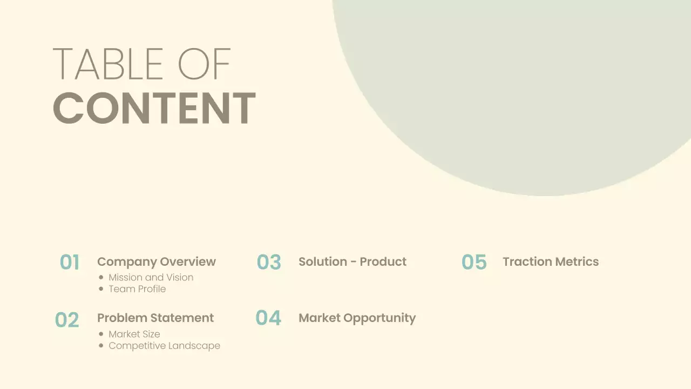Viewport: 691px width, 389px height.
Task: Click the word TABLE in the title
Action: click(108, 64)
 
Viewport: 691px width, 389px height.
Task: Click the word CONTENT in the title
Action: click(154, 108)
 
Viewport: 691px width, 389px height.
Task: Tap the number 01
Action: click(70, 262)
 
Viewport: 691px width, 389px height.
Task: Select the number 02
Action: click(67, 320)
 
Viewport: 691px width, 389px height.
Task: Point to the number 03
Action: click(269, 262)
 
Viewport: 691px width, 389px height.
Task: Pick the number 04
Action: click(268, 318)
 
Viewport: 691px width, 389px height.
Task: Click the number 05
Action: click(474, 262)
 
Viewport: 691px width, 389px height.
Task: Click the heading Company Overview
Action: click(157, 261)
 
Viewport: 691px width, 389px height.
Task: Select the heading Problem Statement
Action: click(155, 318)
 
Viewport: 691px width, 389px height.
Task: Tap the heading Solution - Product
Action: click(353, 261)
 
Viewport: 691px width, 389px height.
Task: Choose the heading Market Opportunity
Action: click(357, 318)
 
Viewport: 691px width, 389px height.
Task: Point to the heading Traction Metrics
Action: click(551, 261)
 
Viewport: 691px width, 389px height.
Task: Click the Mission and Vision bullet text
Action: click(151, 277)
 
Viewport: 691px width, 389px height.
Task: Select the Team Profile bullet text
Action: click(137, 289)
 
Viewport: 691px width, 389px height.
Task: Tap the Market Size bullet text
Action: click(134, 334)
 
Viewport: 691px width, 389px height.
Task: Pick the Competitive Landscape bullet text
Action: click(164, 345)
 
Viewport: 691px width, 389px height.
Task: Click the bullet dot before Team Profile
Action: click(101, 289)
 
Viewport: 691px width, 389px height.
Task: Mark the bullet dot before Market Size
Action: click(101, 334)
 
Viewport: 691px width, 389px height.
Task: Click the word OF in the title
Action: click(204, 64)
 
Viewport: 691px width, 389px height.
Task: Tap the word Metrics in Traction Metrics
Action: click(577, 261)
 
